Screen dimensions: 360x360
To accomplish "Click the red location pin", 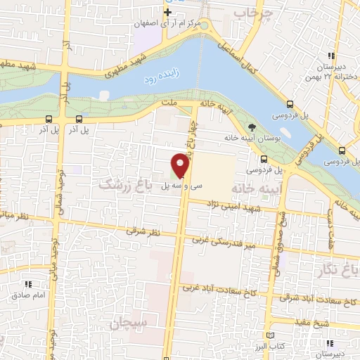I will (x=180, y=165).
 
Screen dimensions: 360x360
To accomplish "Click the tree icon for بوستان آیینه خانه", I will (x=251, y=127).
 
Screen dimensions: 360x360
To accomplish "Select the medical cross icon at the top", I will (x=168, y=13).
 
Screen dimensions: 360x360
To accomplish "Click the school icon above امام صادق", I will (x=29, y=284).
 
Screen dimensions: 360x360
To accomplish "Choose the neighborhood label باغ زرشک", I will (x=127, y=185).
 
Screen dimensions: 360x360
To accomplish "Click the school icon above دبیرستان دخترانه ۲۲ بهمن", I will (x=331, y=56).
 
